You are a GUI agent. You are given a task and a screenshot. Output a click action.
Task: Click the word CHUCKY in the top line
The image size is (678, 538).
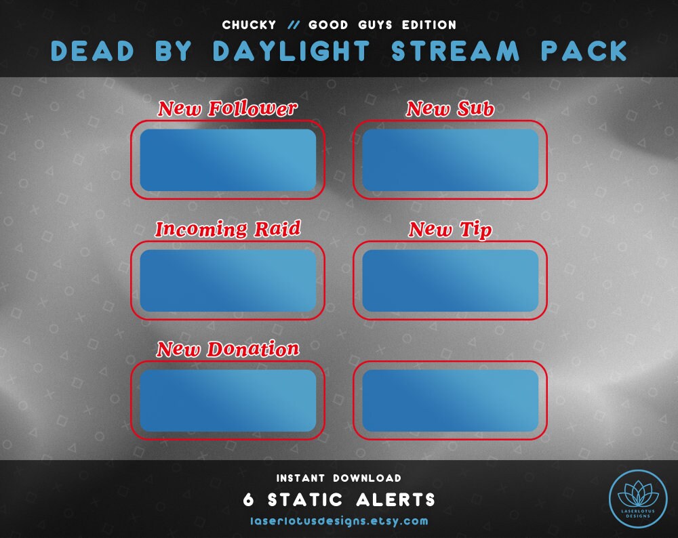point(249,25)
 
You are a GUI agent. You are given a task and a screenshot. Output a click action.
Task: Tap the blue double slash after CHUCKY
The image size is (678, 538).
point(293,25)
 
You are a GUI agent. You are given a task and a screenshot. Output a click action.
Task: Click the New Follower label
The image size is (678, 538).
point(227,108)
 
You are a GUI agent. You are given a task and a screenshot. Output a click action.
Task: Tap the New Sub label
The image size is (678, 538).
point(450,108)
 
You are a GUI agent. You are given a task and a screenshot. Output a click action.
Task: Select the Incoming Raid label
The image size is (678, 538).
point(227,229)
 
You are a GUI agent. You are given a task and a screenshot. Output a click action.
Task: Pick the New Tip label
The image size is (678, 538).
point(450,230)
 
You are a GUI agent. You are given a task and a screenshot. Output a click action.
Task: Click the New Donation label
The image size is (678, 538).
point(227,349)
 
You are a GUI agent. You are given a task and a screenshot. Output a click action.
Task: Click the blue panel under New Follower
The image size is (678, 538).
point(228,160)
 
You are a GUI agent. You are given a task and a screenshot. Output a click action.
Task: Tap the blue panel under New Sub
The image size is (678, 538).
point(450,160)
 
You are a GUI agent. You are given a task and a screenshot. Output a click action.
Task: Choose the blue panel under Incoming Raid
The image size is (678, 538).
point(228,281)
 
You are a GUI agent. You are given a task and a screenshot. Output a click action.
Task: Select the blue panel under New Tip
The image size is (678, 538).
point(450,281)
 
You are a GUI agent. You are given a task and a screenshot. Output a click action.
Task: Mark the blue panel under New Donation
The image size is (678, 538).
point(228,400)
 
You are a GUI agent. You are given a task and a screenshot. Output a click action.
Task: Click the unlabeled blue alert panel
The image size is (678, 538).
point(450,400)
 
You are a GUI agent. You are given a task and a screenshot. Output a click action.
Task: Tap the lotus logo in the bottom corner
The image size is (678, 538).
point(637,497)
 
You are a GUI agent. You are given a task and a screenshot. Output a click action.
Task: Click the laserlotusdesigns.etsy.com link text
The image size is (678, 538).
point(339,521)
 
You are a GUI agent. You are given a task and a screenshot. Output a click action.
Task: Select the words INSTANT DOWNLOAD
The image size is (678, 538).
point(339,478)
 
